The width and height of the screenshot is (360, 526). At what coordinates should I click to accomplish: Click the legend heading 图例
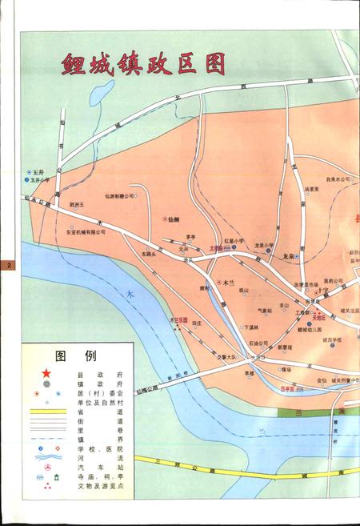coord(75,355)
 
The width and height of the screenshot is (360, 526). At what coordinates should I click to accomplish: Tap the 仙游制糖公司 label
coord(119,195)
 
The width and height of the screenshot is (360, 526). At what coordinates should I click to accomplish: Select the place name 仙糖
coord(173,219)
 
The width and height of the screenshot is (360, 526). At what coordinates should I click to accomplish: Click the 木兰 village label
coord(229,283)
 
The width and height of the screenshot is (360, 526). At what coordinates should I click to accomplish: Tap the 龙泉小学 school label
coord(264,245)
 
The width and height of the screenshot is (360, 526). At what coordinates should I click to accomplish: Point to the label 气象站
coord(265,311)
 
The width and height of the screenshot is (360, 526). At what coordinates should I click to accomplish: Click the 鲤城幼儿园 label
coord(309,329)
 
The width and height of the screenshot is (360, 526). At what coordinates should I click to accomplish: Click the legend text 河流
coord(99,457)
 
